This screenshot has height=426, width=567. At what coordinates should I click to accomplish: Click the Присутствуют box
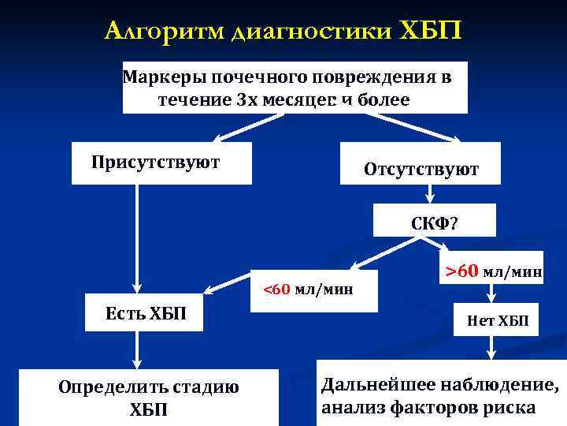(161, 163)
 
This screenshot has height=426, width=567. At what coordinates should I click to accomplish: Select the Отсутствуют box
(421, 168)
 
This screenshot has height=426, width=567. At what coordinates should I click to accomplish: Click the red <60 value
(277, 290)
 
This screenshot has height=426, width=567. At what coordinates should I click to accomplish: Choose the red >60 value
(461, 272)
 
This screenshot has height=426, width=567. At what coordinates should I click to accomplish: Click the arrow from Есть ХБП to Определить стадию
(138, 347)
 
